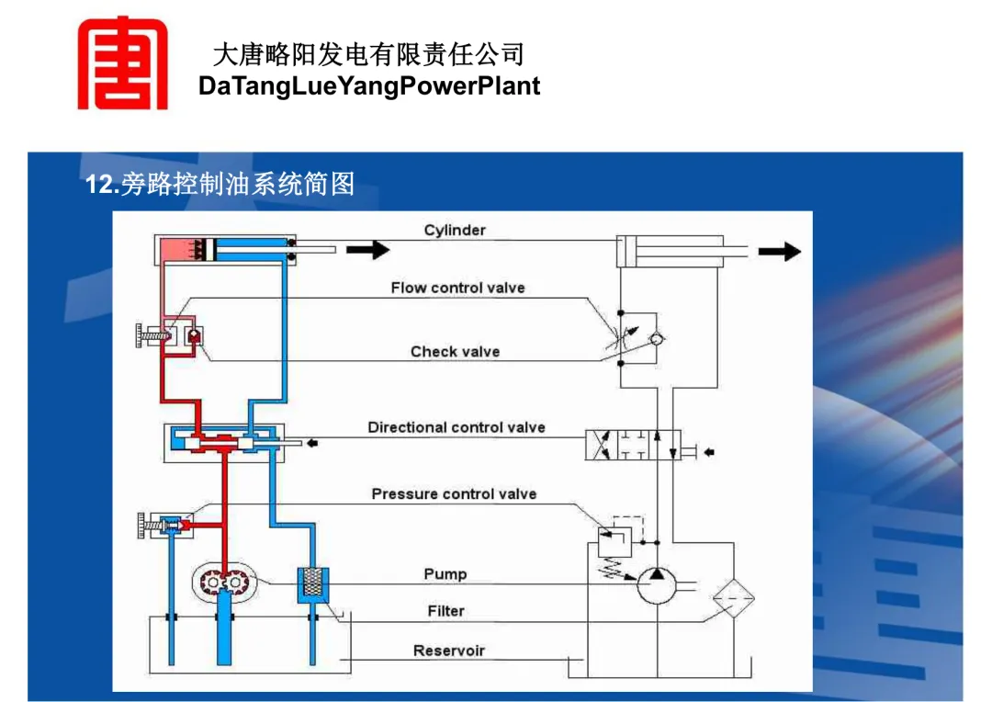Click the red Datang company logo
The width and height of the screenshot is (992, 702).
click(x=123, y=63)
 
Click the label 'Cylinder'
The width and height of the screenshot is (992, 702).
click(x=455, y=231)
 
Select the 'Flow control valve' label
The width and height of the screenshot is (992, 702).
click(x=458, y=288)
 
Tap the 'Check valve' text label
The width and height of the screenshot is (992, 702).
click(x=455, y=352)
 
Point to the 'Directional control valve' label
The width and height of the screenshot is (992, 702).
click(x=457, y=428)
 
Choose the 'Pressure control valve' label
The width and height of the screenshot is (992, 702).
click(x=455, y=493)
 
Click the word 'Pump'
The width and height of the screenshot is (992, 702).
click(x=445, y=574)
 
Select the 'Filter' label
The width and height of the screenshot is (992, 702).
click(x=446, y=611)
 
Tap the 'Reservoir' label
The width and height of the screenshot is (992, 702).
click(x=449, y=651)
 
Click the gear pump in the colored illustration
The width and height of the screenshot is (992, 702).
click(x=225, y=581)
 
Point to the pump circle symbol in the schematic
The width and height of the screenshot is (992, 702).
click(x=657, y=585)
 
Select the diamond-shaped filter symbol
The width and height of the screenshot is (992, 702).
click(x=734, y=597)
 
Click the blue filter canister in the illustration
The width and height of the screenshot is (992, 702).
click(x=313, y=585)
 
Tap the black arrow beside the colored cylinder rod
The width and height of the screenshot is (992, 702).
click(x=367, y=250)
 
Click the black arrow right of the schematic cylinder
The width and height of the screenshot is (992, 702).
click(x=780, y=251)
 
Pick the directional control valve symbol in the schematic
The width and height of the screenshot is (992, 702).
click(x=633, y=445)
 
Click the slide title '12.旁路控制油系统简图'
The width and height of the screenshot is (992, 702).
click(x=220, y=184)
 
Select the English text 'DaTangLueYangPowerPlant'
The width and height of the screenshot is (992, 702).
click(x=369, y=86)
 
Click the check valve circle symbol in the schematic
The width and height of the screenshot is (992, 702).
click(x=657, y=339)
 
